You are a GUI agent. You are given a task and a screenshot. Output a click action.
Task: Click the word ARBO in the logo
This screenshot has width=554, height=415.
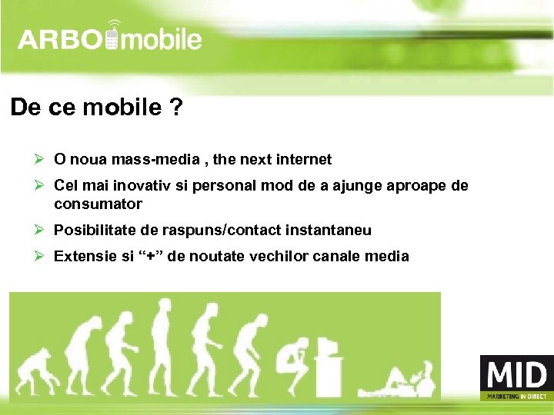click(x=61, y=40)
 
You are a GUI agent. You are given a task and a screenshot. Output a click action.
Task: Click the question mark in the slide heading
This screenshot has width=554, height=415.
click(x=177, y=108)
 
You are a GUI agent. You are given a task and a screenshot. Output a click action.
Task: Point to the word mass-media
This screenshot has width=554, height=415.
click(x=153, y=160)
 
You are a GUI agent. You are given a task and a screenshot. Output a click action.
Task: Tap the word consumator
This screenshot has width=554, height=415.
click(x=98, y=204)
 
